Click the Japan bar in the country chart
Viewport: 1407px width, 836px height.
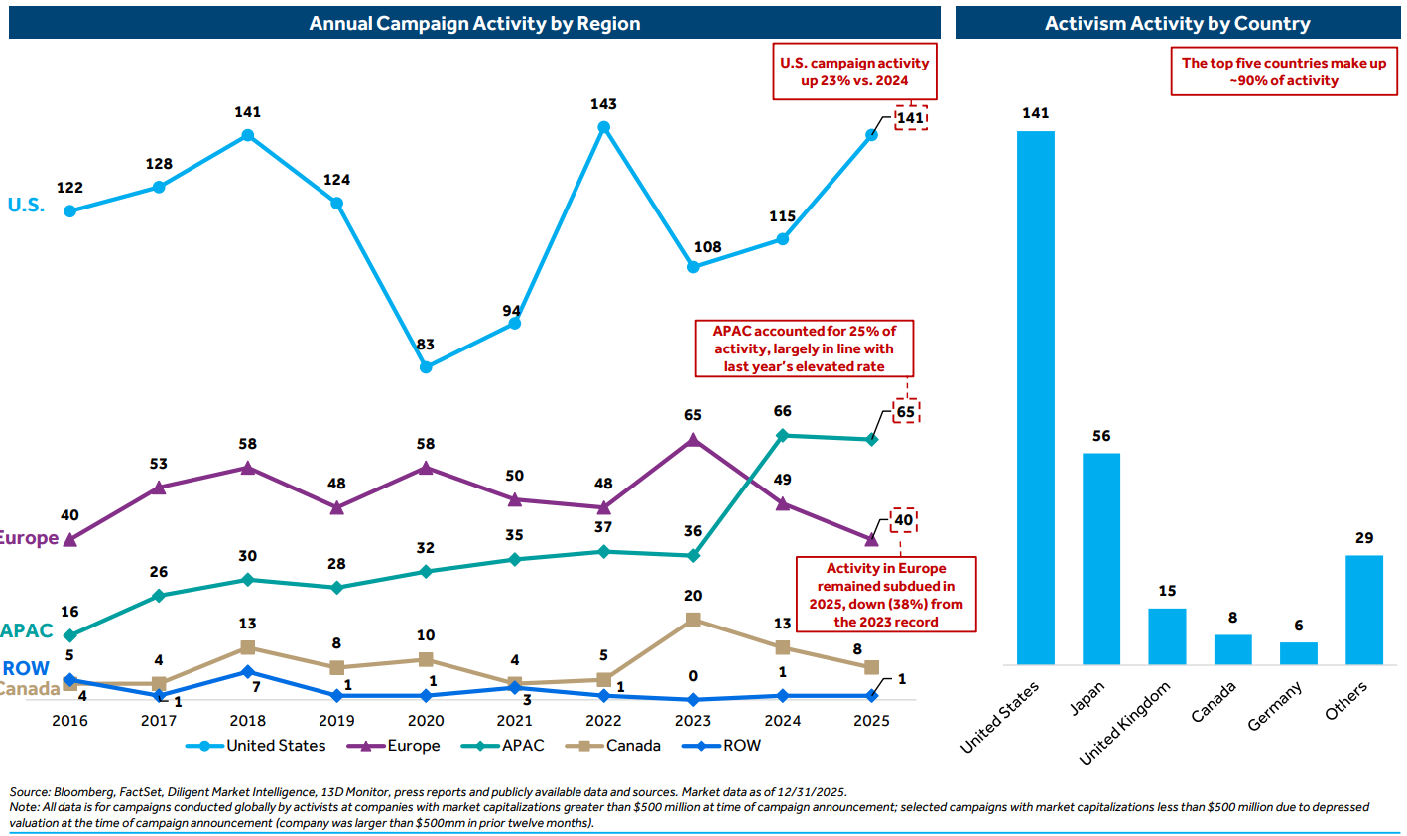pos(1100,558)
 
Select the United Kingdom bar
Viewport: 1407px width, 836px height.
pos(1167,636)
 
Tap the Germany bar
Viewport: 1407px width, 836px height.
pos(1298,653)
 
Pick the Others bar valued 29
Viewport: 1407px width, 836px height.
pos(1364,610)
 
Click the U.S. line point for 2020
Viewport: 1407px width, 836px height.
pos(426,366)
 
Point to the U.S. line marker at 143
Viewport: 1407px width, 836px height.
pos(603,127)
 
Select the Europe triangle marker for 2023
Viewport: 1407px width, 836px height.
pos(693,440)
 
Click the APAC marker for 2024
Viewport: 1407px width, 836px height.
pos(782,435)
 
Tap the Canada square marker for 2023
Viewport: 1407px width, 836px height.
pos(693,620)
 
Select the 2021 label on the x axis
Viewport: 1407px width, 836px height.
pos(514,721)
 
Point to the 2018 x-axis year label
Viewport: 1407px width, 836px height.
pos(247,721)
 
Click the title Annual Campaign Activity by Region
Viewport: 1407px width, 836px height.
pos(474,23)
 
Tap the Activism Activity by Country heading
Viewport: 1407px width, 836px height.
pos(1177,23)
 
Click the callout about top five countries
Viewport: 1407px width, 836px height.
pos(1283,71)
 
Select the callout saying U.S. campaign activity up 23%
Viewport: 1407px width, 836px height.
pos(854,71)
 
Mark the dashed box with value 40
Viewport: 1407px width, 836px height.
pos(903,520)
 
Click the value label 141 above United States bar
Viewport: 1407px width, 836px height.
pos(1035,113)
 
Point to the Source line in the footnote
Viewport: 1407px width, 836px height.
pos(428,792)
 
